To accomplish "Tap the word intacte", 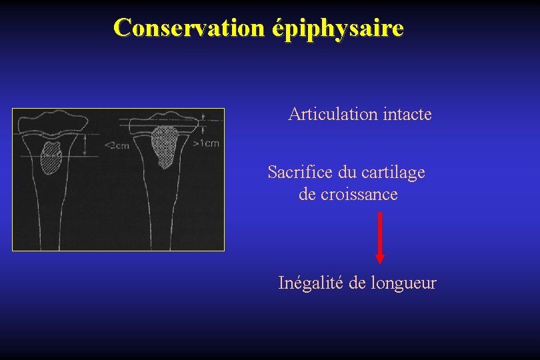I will [408, 114].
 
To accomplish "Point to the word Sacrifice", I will [301, 172].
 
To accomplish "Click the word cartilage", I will [395, 173].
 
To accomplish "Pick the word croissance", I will [359, 194].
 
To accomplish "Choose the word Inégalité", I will [311, 283].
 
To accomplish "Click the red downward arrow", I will [380, 237].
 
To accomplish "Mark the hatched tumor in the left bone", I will [51, 157].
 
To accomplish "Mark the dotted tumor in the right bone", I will [164, 145].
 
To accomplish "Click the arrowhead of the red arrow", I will [380, 258].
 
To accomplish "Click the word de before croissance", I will [307, 194].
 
